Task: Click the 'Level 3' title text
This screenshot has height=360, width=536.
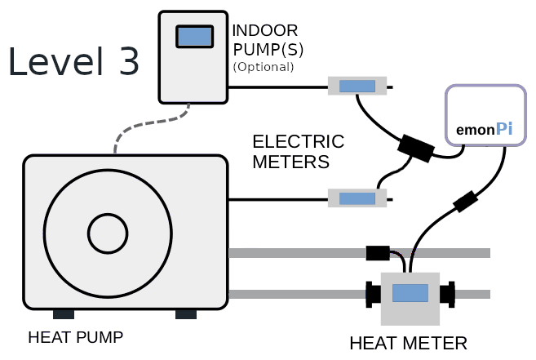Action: click(x=74, y=63)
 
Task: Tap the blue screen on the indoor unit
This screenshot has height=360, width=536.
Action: click(x=195, y=36)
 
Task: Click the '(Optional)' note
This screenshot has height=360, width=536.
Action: click(x=263, y=66)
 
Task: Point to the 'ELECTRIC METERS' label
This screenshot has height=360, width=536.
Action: click(x=298, y=151)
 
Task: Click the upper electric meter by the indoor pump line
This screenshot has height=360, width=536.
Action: click(x=357, y=86)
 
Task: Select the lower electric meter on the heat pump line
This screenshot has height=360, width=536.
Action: click(x=357, y=198)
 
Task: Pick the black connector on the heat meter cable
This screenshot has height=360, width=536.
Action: click(x=465, y=201)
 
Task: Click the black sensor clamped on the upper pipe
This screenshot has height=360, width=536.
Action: click(x=380, y=252)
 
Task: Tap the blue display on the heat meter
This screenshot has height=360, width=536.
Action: click(x=410, y=294)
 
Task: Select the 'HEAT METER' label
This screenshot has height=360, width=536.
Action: click(x=408, y=343)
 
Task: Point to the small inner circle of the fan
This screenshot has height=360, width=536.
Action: click(x=109, y=234)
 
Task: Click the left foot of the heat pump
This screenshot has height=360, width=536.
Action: click(x=64, y=314)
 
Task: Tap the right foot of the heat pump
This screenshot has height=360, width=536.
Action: click(x=186, y=314)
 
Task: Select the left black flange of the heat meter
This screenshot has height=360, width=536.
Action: click(x=374, y=294)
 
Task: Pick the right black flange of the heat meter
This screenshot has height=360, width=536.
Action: click(x=447, y=294)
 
